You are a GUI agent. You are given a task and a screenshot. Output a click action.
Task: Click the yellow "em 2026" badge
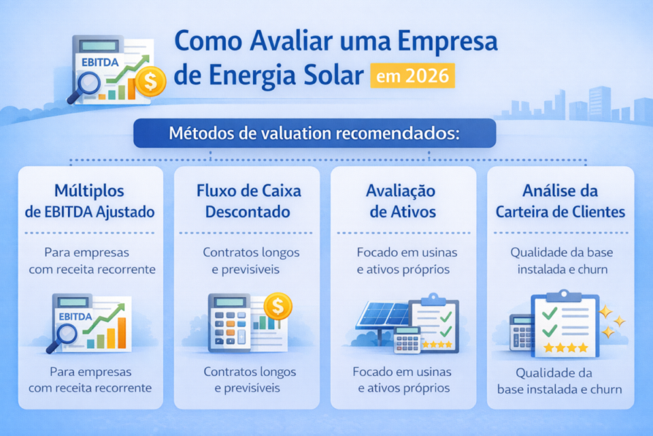pos(412,76)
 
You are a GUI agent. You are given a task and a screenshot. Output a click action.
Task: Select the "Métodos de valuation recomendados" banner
pos(314,133)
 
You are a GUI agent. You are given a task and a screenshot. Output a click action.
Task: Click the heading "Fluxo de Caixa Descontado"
pos(243,200)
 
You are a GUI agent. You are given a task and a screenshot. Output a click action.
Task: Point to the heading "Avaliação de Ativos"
pos(403,200)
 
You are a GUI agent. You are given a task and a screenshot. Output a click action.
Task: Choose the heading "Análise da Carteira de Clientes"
pos(560,200)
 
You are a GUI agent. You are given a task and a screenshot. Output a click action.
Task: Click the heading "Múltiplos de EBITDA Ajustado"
pos(90,200)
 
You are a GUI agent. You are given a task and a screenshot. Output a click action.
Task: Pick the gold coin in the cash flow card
pos(278,307)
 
